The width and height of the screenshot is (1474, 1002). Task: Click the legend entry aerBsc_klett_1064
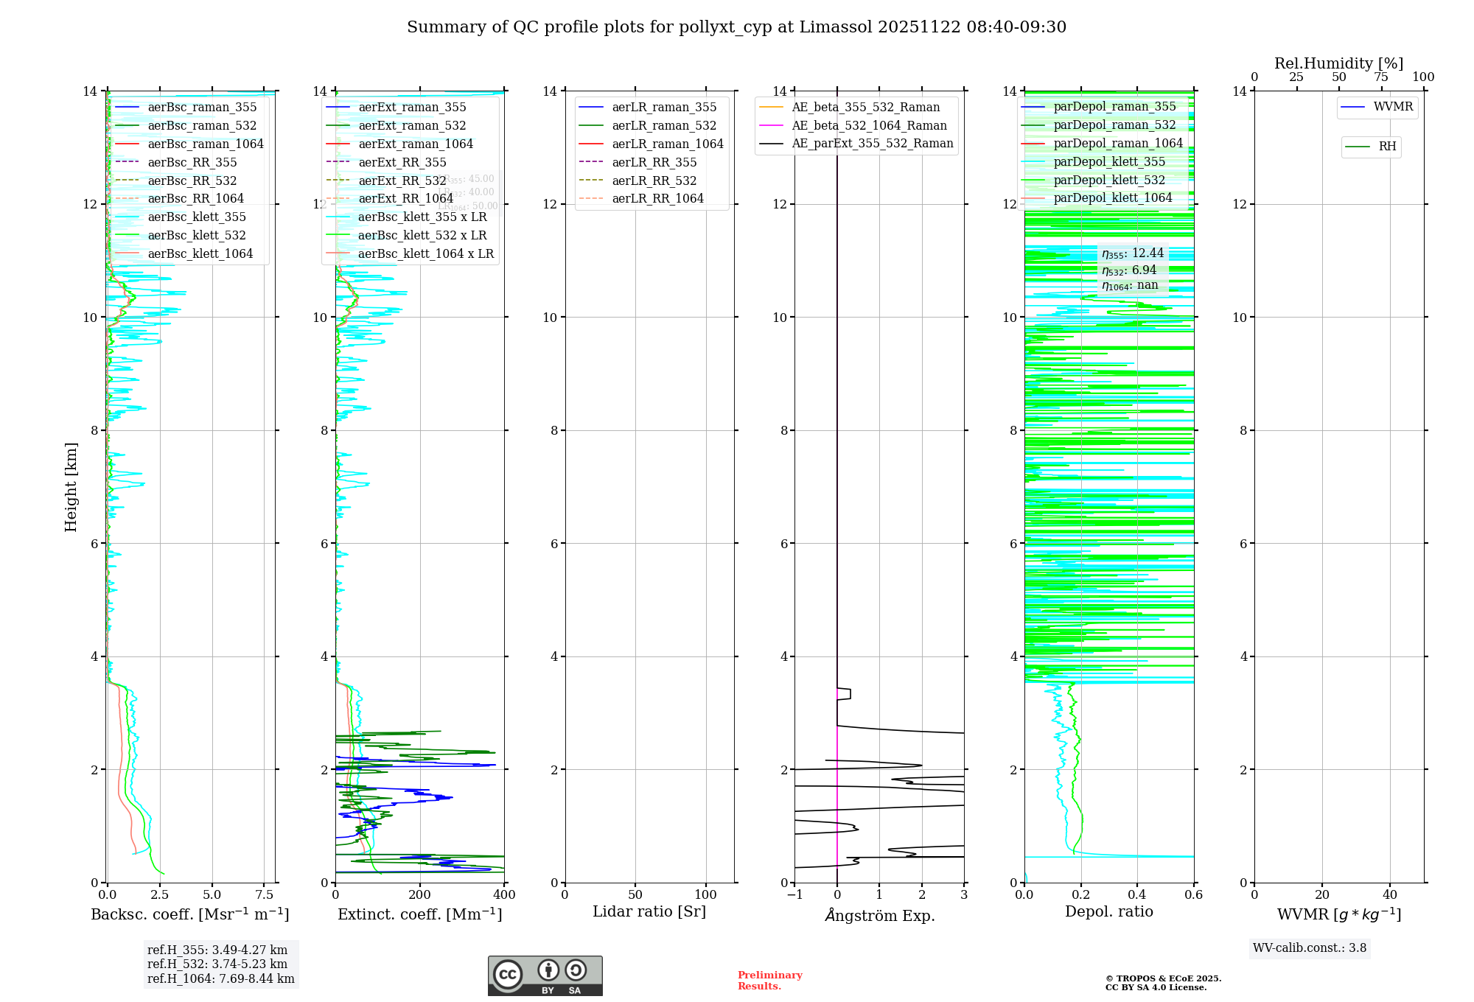pos(200,253)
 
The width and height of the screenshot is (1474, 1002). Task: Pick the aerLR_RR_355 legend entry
pos(654,162)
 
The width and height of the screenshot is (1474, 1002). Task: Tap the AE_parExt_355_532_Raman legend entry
pos(872,143)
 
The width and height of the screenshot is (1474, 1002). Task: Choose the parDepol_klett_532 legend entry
pos(1109,180)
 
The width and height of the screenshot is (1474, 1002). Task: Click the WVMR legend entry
pos(1393,107)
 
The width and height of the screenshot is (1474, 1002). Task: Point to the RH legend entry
pos(1387,147)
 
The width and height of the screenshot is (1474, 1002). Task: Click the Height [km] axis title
pos(71,486)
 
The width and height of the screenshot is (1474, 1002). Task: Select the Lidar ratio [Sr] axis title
pos(649,911)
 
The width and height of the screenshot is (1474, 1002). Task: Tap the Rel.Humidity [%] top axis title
pos(1338,63)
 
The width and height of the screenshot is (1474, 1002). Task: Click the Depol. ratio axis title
pos(1108,911)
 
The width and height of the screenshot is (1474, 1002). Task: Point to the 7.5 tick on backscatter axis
pos(265,895)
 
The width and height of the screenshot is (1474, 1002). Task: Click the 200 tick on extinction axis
pos(419,895)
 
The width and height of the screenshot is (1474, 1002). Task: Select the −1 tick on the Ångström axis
pos(794,895)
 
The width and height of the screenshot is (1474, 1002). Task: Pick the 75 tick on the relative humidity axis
pos(1380,77)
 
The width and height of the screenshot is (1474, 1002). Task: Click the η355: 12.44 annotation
pos(1132,253)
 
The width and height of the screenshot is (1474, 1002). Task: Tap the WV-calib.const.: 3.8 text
pos(1309,948)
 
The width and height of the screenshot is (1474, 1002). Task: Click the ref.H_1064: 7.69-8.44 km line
pos(220,978)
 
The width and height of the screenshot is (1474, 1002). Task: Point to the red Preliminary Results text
pos(769,981)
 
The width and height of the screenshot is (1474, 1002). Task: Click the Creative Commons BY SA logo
pos(545,976)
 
